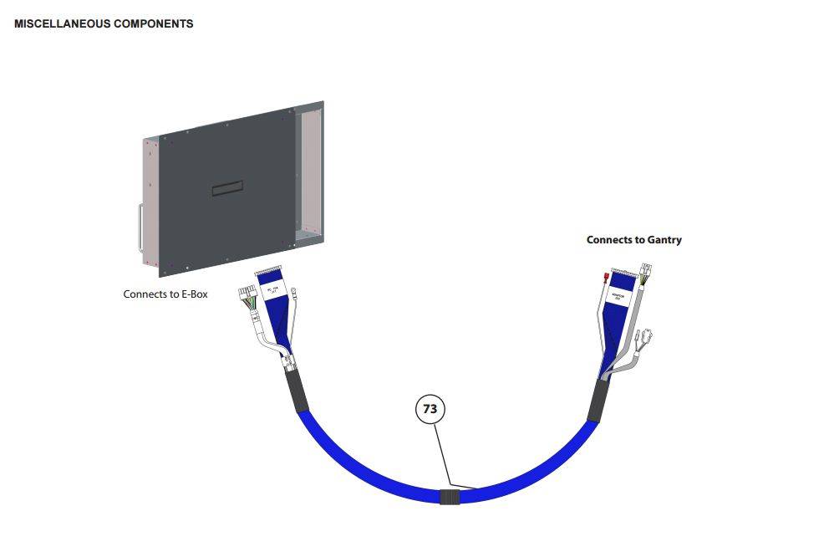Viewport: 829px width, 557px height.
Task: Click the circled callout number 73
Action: [430, 409]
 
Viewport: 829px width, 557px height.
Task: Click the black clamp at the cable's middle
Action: [450, 497]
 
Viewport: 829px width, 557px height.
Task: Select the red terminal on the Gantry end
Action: [604, 275]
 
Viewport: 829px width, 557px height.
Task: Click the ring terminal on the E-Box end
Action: [297, 293]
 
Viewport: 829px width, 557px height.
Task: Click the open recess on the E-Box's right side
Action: [309, 171]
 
